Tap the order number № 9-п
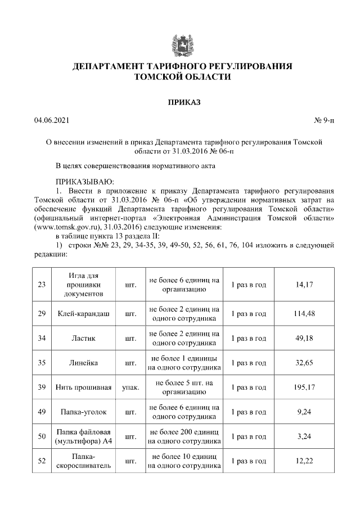click(323, 120)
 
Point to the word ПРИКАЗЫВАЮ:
click(84, 181)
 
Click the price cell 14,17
click(304, 285)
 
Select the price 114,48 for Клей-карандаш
click(304, 313)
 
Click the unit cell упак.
click(130, 388)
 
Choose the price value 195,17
click(304, 388)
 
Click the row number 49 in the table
click(42, 412)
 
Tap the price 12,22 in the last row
click(304, 461)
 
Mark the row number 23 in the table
click(42, 285)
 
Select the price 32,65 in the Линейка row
click(304, 363)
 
